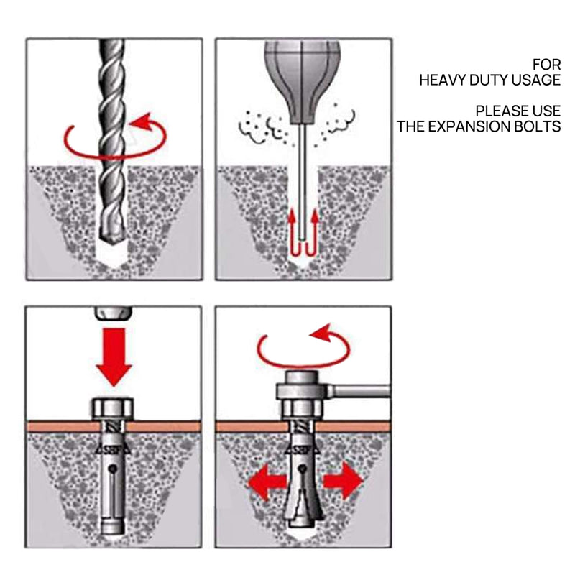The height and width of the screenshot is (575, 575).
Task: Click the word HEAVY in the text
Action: [x=446, y=80]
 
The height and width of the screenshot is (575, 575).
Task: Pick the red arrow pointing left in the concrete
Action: [x=264, y=482]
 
